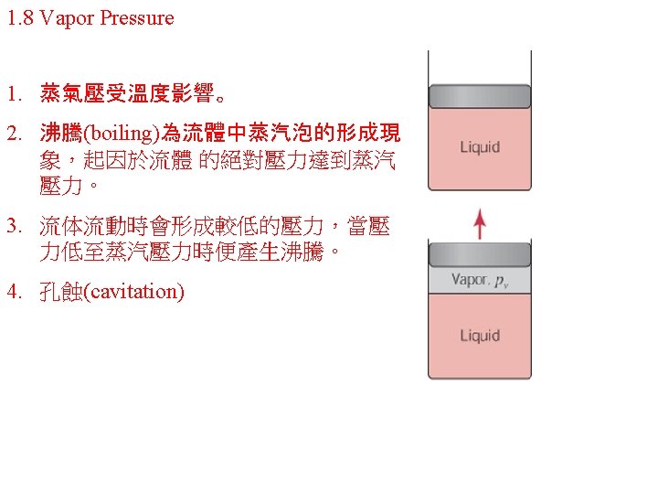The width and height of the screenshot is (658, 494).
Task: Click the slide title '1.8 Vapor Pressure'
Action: (90, 18)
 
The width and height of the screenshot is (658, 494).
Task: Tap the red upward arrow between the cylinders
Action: (481, 223)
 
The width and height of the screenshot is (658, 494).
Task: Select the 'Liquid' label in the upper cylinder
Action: (480, 147)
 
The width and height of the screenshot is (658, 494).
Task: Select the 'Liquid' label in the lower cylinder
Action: (480, 336)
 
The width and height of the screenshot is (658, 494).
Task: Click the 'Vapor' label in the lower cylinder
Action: (469, 280)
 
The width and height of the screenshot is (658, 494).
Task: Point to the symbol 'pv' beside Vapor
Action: (502, 282)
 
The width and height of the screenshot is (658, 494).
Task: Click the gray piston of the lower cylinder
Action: (480, 253)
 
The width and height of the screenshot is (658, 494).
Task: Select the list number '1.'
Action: (14, 93)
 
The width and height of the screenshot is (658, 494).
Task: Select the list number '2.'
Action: (14, 134)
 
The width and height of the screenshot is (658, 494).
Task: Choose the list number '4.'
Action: (14, 292)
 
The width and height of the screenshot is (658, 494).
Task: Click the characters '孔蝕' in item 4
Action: (60, 292)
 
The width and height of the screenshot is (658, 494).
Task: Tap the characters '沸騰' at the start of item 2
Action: (60, 134)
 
